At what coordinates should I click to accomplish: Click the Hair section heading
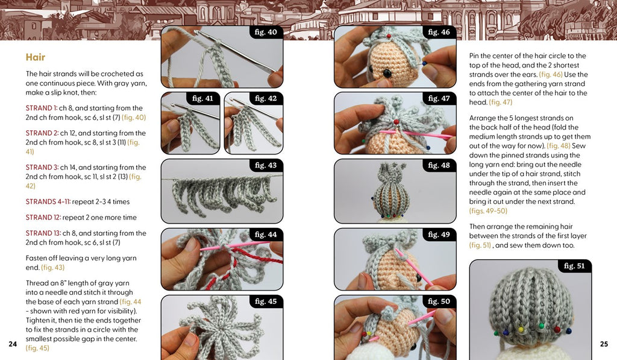tap(36, 57)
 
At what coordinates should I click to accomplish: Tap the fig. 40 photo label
tap(266, 32)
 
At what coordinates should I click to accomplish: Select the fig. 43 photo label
tap(266, 165)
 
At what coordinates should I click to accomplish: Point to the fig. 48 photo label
tap(439, 165)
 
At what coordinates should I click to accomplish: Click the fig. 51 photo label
tap(574, 266)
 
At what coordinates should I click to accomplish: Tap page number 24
tap(13, 344)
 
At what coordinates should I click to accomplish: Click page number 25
tap(604, 344)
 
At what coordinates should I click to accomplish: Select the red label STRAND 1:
tap(42, 108)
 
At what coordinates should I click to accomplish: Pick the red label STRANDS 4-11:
tap(48, 201)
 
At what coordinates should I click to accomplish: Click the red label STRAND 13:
tap(43, 233)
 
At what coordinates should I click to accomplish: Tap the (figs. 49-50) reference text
tap(488, 210)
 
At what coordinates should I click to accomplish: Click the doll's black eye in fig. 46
tap(387, 73)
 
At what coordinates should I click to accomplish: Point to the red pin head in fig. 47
tap(396, 122)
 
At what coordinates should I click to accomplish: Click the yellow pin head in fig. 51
tap(521, 329)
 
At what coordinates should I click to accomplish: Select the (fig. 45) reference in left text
tap(37, 348)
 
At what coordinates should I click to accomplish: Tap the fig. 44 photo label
tap(266, 235)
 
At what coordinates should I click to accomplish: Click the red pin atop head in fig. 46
tap(389, 36)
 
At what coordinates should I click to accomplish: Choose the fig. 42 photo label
tap(266, 98)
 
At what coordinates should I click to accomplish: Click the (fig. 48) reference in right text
tap(559, 146)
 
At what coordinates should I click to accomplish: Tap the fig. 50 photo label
tap(439, 302)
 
